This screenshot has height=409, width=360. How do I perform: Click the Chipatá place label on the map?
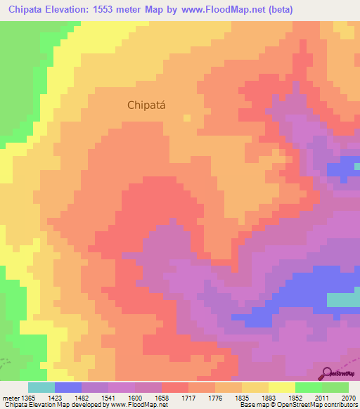tap(150, 105)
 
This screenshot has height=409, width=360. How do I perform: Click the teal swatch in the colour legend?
tap(41, 387)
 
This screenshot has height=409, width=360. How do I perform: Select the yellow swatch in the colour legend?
tap(282, 387)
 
